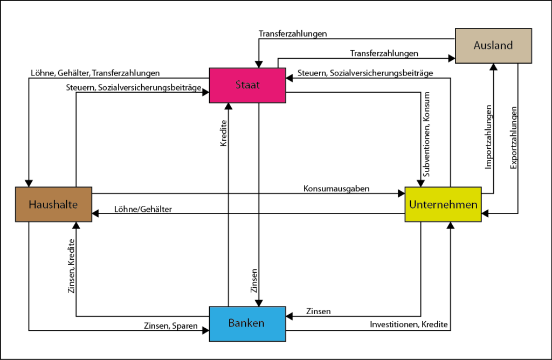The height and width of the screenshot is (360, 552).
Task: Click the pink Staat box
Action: click(247, 84)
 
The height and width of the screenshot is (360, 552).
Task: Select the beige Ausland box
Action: click(493, 45)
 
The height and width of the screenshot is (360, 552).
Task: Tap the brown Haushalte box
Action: click(54, 204)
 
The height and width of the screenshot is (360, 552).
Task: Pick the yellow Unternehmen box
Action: click(443, 204)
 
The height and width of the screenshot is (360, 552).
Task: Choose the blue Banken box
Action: click(247, 323)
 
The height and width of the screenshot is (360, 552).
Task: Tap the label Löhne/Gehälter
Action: click(143, 209)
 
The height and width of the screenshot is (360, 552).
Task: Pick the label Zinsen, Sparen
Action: click(170, 326)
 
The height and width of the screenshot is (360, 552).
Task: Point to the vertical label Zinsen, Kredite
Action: click(71, 267)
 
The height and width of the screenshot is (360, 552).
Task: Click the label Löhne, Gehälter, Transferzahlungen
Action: click(95, 73)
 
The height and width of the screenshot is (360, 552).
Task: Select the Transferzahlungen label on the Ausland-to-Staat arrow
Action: click(293, 33)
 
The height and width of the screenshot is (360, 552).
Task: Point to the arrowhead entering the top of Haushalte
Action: click(29, 183)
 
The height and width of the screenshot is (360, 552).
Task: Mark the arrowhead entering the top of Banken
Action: click(259, 303)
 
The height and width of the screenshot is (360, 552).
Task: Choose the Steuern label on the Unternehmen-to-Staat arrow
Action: click(365, 73)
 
